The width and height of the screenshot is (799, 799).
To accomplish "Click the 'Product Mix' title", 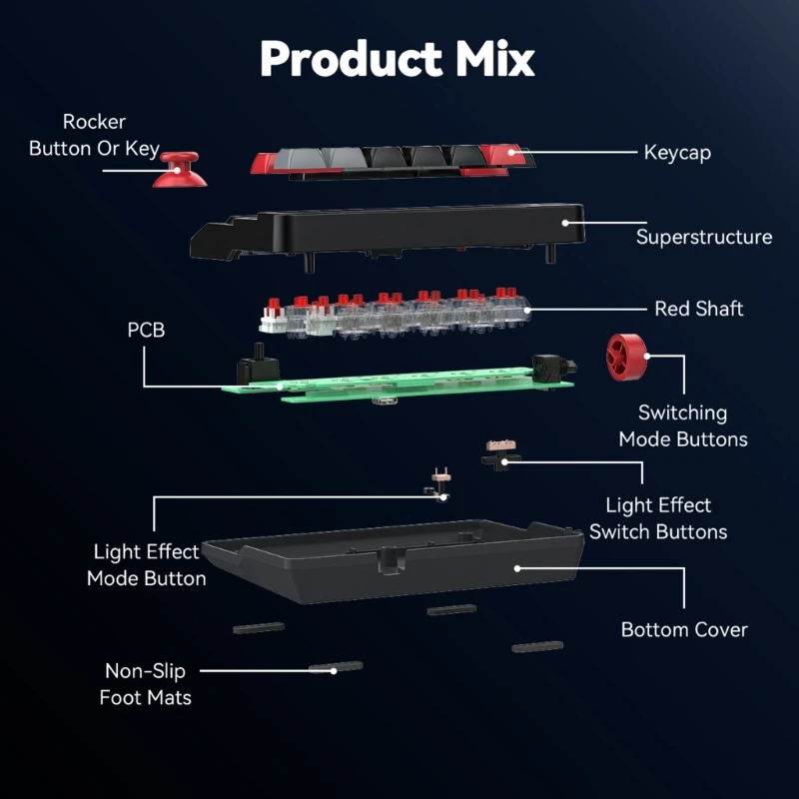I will tap(398, 59).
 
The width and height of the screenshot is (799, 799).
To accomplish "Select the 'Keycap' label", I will tap(677, 153).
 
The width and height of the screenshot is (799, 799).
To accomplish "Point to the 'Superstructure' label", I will tap(704, 237).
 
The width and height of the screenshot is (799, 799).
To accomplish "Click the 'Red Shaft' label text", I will tap(699, 309).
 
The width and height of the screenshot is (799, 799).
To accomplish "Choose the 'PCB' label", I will tap(146, 330).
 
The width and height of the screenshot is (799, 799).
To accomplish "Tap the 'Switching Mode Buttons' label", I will tap(683, 425).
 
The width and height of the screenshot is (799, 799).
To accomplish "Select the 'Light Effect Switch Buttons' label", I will tap(658, 518).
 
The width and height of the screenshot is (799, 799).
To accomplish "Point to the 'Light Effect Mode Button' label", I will tap(147, 564).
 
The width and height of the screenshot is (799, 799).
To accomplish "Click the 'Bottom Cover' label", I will tap(684, 629).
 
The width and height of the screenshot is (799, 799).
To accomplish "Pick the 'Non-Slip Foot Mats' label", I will tap(146, 683).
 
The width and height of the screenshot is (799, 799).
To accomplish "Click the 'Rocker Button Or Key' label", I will tap(94, 135).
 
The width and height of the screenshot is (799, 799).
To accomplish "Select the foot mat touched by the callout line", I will tap(335, 667).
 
